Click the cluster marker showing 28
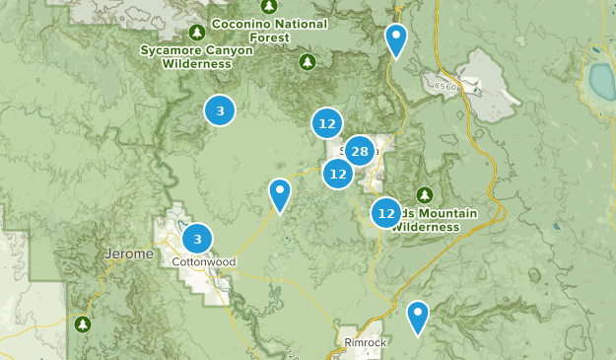click(x=359, y=151)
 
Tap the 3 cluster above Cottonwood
click(x=198, y=239)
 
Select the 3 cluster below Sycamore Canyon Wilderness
click(x=220, y=110)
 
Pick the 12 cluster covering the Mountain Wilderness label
click(x=386, y=212)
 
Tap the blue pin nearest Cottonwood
click(x=281, y=194)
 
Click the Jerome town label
click(x=128, y=254)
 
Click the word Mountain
click(x=443, y=214)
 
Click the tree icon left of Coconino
click(x=197, y=31)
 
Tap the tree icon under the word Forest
click(x=307, y=62)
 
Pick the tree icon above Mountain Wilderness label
click(x=425, y=193)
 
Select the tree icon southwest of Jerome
click(x=83, y=323)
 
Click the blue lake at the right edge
click(x=603, y=77)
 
